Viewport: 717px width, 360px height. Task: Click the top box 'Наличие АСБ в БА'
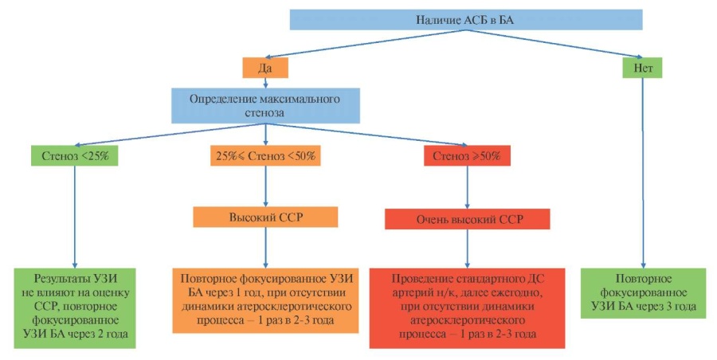tap(466, 20)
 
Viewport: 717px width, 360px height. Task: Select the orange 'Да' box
tap(265, 68)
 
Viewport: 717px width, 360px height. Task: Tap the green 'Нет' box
tap(642, 68)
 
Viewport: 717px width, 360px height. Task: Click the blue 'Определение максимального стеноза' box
tap(265, 106)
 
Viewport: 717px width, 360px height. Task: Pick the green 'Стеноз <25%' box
tap(75, 155)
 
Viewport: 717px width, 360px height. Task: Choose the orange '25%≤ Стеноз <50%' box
tap(265, 155)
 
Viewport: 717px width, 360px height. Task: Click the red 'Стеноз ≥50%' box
tap(467, 155)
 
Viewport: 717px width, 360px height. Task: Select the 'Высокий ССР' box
tap(265, 217)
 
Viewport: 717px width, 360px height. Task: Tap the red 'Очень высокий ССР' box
tap(468, 219)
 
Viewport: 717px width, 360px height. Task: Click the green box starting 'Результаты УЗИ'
tap(75, 308)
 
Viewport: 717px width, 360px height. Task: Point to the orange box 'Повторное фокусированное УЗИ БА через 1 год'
tap(265, 300)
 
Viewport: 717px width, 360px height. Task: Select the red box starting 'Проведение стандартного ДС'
tap(468, 308)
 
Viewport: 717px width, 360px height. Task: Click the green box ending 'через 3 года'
tap(644, 293)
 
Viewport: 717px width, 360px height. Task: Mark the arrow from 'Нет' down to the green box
tap(643, 173)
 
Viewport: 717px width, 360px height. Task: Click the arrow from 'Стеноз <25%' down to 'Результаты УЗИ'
tap(75, 217)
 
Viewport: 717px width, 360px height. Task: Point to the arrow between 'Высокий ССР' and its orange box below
tap(265, 248)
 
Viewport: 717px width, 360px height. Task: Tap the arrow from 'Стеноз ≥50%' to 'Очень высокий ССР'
tap(467, 187)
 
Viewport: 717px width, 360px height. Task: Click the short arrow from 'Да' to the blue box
tap(265, 84)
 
